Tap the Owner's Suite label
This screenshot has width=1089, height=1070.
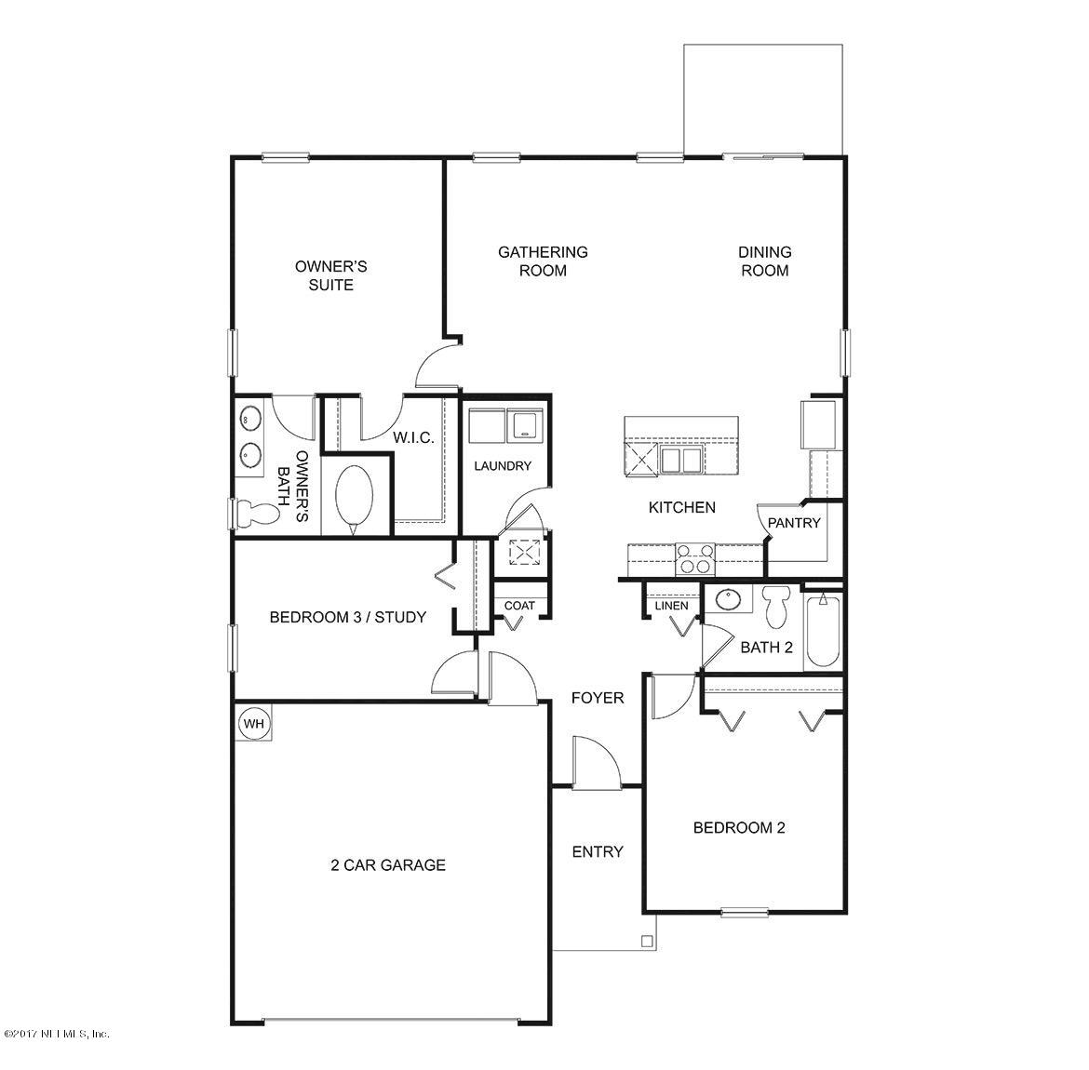point(330,275)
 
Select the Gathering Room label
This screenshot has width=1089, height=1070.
point(543,261)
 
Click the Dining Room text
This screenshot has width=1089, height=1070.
point(764,261)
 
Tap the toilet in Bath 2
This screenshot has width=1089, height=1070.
point(774,608)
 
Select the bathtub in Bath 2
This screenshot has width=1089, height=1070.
point(823,631)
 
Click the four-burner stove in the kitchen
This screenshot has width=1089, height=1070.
point(694,559)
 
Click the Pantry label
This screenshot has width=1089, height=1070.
point(794,523)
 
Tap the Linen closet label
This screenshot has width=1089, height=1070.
point(671,606)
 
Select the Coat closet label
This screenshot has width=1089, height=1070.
point(519,606)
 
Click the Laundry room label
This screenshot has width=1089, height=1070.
point(502,466)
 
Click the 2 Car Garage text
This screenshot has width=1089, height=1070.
point(387,864)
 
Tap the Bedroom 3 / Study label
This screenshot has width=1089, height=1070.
point(347,617)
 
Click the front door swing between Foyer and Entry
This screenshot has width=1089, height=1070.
point(593,763)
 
